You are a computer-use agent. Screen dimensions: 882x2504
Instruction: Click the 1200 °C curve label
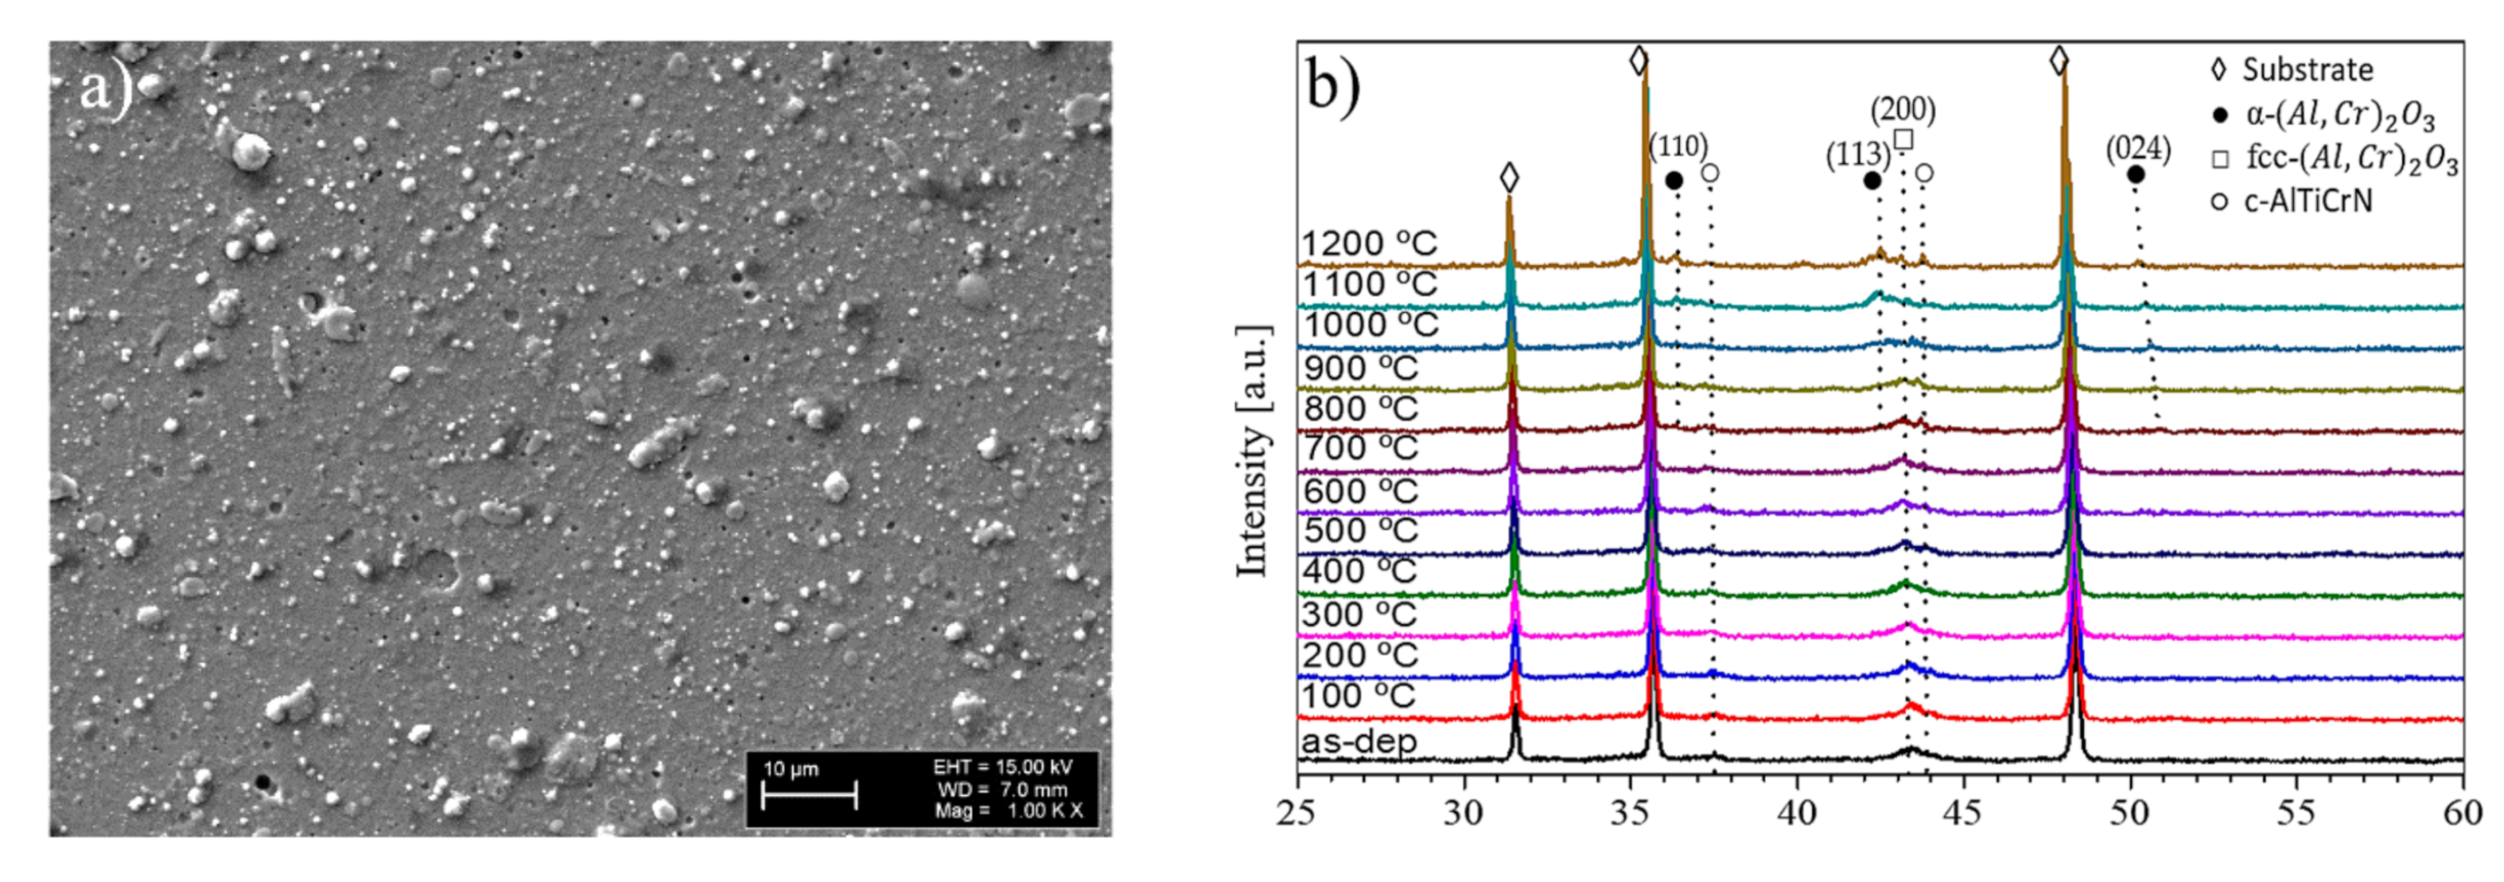tap(1369, 243)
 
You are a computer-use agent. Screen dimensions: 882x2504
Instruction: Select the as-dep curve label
tap(1359, 742)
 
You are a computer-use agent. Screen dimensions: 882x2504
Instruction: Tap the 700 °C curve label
tap(1361, 449)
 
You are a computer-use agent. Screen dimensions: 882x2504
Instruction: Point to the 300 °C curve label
tap(1360, 614)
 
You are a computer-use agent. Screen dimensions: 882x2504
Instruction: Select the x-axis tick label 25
tap(1298, 813)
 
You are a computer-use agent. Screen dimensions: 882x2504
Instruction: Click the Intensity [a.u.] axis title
tap(1254, 451)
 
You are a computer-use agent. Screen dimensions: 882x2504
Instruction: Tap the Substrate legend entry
tap(2306, 70)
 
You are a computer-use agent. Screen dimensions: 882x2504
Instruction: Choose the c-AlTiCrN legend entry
tap(2306, 201)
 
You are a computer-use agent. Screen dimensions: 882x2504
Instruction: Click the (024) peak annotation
tap(2137, 150)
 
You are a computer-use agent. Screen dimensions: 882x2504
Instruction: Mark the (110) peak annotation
tap(1678, 147)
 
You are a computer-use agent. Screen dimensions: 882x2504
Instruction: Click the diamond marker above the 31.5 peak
tap(1509, 178)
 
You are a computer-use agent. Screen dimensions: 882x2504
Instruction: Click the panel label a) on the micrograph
tap(105, 90)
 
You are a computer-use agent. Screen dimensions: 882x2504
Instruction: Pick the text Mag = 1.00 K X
tap(1007, 811)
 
